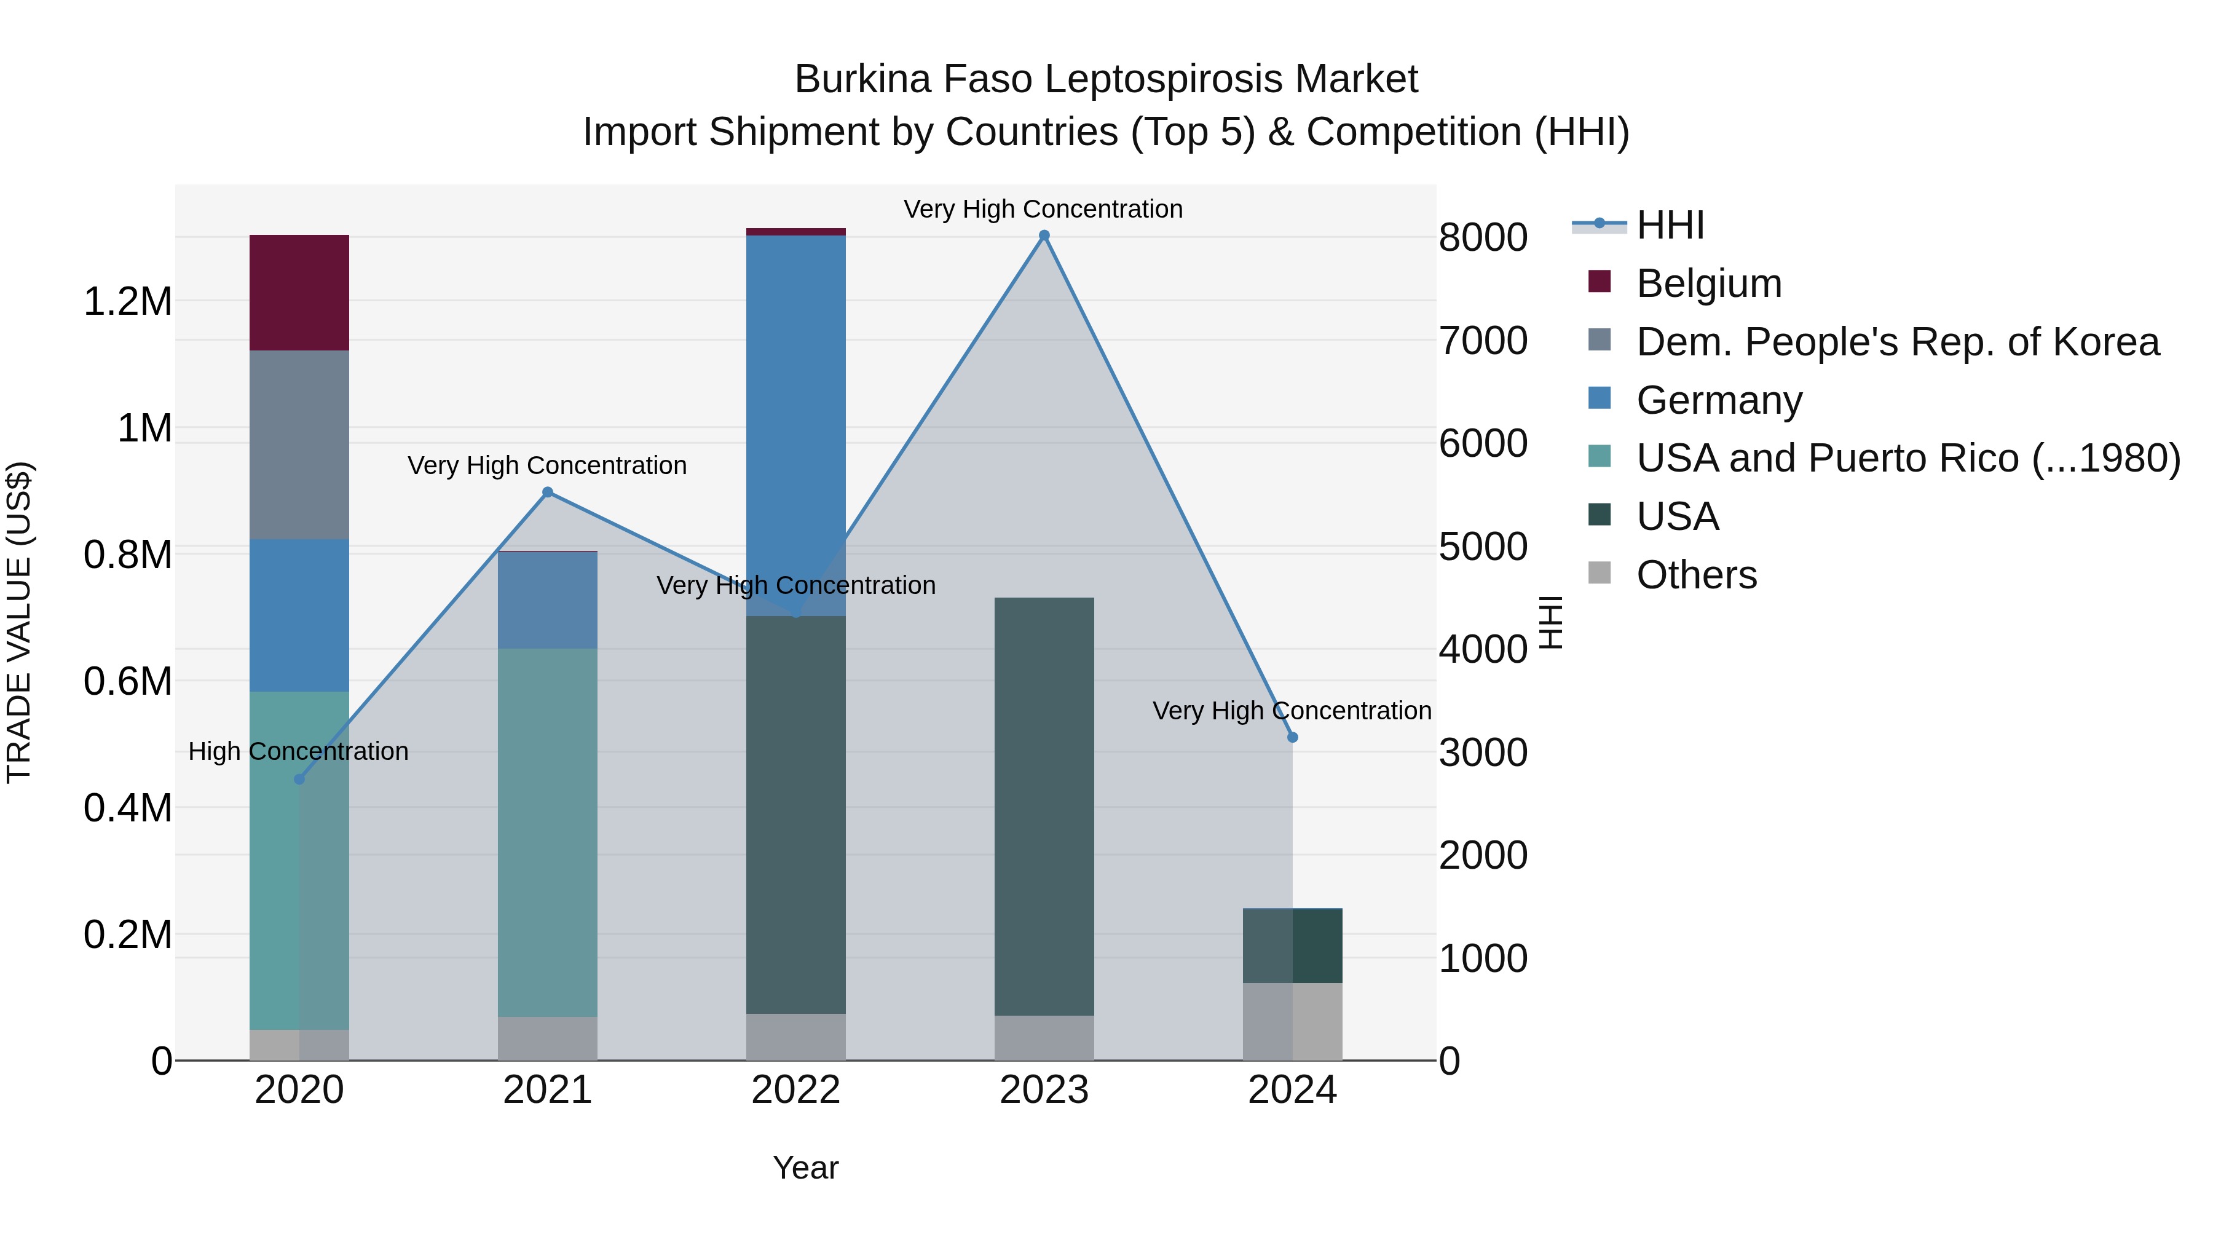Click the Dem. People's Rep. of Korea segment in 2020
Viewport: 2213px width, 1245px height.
point(299,445)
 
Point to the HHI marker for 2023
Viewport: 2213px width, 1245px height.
point(1044,235)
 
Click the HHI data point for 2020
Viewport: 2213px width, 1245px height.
point(299,780)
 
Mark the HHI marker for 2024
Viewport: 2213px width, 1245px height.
point(1292,737)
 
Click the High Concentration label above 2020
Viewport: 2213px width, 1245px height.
point(298,752)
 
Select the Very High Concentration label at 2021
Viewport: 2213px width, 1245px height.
point(547,465)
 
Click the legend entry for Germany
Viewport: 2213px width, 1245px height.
point(1718,400)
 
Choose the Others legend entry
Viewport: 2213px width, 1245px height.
point(1696,575)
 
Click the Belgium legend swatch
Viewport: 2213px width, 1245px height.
point(1600,281)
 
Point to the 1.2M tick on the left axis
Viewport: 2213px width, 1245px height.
point(127,302)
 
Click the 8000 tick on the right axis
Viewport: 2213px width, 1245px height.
point(1483,237)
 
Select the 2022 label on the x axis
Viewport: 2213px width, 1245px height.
point(795,1090)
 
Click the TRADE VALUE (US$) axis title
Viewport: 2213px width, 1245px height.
point(19,622)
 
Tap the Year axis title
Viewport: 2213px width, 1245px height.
point(805,1168)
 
